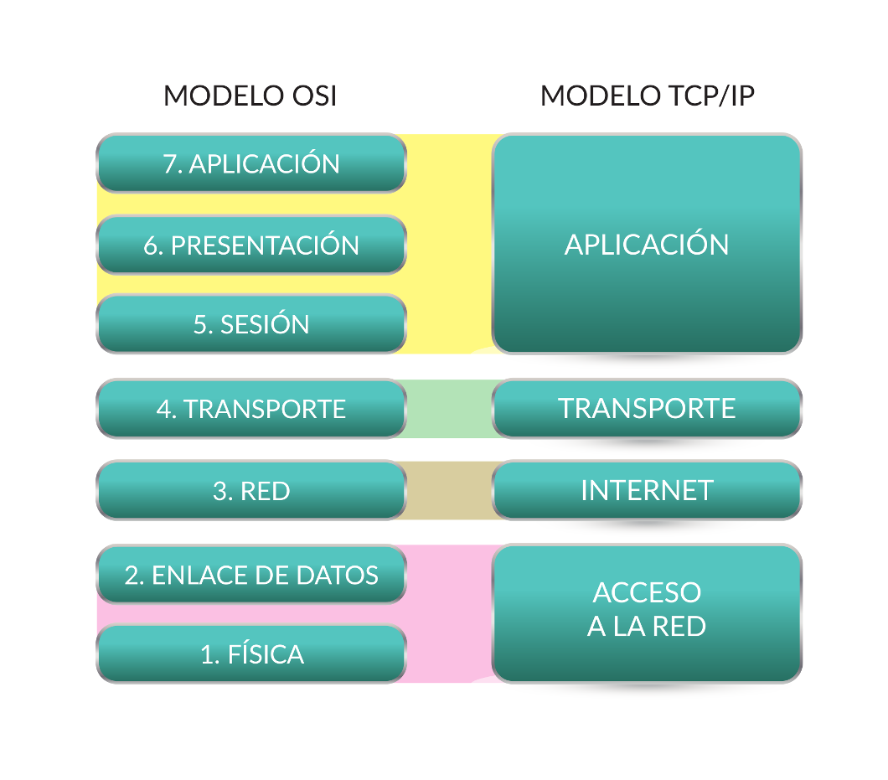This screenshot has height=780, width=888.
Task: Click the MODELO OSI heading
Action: [x=250, y=96]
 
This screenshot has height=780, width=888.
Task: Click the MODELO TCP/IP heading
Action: [x=647, y=96]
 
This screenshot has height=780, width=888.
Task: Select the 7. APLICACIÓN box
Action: [x=251, y=163]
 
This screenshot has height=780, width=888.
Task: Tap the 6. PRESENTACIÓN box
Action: [x=251, y=245]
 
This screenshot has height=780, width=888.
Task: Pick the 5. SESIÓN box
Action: [x=251, y=324]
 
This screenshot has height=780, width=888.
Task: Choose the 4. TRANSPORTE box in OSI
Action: [x=251, y=409]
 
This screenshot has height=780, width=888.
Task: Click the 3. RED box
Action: [x=251, y=490]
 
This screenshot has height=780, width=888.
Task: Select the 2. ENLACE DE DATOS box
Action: [x=251, y=575]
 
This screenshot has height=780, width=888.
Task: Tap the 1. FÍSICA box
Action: [x=251, y=654]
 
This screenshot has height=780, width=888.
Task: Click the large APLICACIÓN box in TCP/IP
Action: [x=647, y=244]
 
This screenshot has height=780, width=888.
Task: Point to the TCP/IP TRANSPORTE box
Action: [x=647, y=409]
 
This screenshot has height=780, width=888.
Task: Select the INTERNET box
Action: [x=647, y=490]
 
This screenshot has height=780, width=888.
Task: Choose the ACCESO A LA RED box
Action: [x=647, y=612]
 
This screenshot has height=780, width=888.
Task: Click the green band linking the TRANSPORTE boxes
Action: [x=449, y=409]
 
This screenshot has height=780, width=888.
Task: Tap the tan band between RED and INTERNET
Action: [x=449, y=490]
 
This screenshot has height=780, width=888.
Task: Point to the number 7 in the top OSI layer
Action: [x=171, y=164]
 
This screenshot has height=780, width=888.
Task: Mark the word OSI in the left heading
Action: [x=312, y=96]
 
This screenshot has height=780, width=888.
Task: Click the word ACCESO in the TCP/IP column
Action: [x=647, y=592]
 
